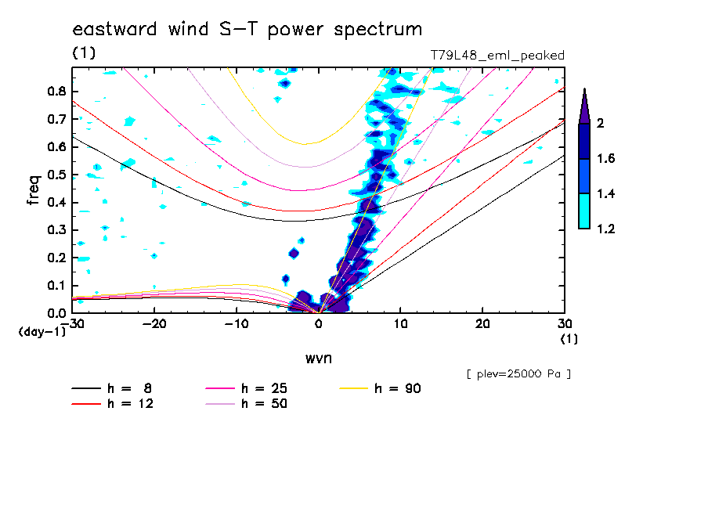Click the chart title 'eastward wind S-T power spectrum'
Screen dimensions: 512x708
coord(247,30)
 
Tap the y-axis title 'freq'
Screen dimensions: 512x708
coord(34,190)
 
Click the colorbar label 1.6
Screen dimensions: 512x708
coord(605,158)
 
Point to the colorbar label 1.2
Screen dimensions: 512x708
coord(605,229)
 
